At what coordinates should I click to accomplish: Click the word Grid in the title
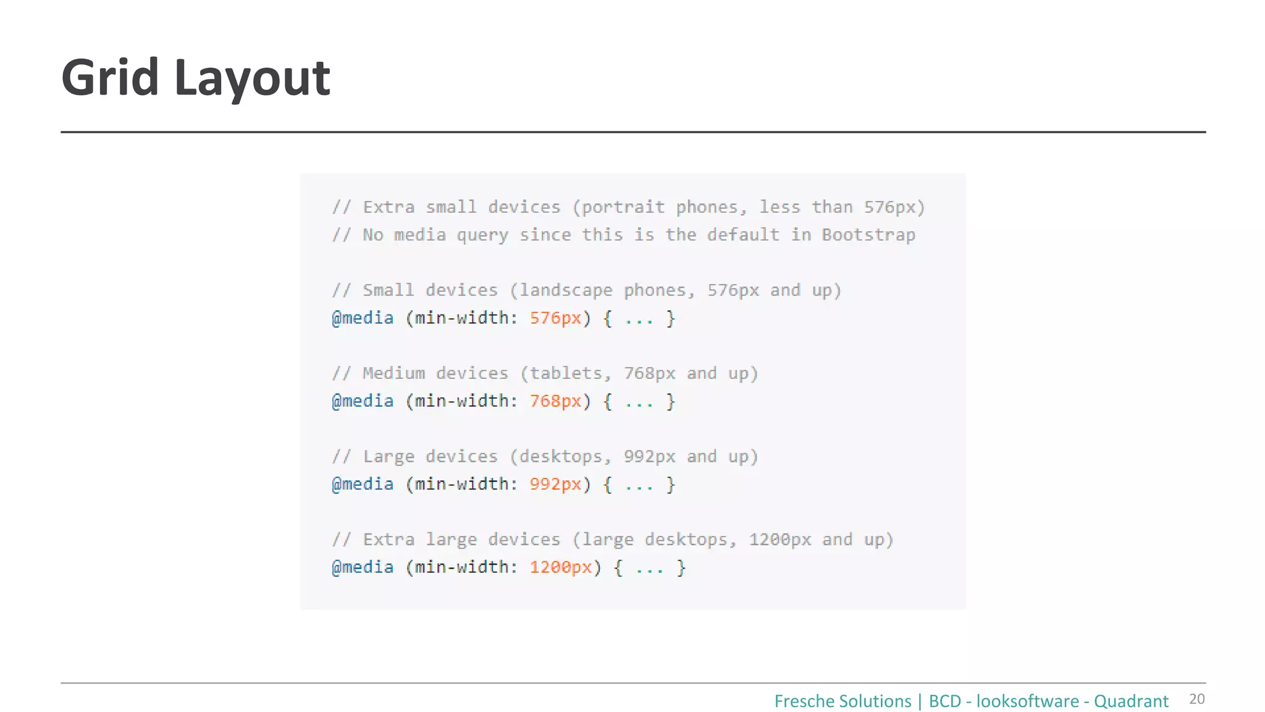(x=110, y=78)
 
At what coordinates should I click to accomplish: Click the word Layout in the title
(x=252, y=79)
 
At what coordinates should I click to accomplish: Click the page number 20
(x=1196, y=699)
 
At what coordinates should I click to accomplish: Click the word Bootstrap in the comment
(x=868, y=235)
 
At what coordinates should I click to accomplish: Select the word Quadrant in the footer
(x=1131, y=701)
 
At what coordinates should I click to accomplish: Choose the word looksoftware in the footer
(x=1027, y=701)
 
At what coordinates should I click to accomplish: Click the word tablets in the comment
(x=566, y=373)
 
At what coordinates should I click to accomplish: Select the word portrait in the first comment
(x=623, y=207)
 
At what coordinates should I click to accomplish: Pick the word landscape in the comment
(x=566, y=290)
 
